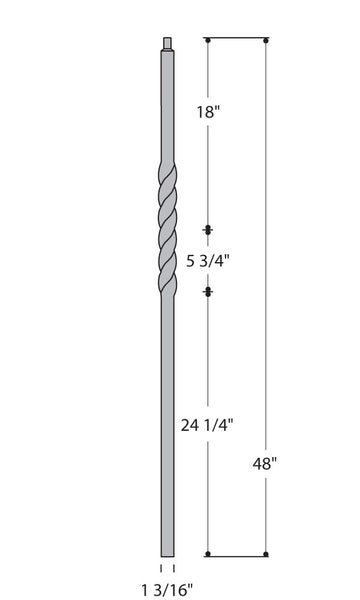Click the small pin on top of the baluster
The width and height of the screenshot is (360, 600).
(x=167, y=44)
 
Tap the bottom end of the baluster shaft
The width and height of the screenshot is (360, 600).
(x=167, y=550)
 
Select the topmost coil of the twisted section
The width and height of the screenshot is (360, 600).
(x=167, y=172)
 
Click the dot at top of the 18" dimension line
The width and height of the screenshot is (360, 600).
(x=207, y=41)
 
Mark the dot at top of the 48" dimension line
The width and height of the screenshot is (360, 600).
(x=266, y=41)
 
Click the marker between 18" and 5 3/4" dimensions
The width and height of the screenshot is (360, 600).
(x=207, y=230)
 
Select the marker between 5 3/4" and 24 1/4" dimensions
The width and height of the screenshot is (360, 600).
(x=207, y=292)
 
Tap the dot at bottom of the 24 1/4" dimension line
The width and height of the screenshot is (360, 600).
(x=207, y=554)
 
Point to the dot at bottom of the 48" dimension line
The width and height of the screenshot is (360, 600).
(x=266, y=554)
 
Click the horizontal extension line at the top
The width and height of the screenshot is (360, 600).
(x=237, y=41)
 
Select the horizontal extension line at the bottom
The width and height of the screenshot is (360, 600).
(x=237, y=554)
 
